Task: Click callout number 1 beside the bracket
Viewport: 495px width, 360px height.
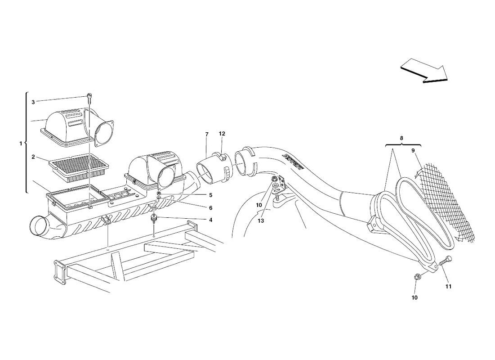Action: pyautogui.click(x=21, y=144)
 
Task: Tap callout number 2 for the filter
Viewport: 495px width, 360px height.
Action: pyautogui.click(x=33, y=157)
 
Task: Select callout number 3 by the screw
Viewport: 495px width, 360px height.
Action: pyautogui.click(x=33, y=102)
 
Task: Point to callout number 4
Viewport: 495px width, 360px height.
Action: pyautogui.click(x=210, y=220)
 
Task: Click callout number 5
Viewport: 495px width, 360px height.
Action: pyautogui.click(x=210, y=195)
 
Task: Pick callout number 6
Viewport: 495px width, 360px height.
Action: pyautogui.click(x=210, y=207)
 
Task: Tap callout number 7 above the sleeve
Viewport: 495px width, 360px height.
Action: pyautogui.click(x=207, y=135)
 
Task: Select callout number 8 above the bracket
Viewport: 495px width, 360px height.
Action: pyautogui.click(x=401, y=138)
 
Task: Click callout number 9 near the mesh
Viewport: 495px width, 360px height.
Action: pyautogui.click(x=413, y=151)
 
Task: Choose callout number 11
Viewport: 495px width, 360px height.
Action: pyautogui.click(x=448, y=286)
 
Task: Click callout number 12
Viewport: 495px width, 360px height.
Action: pyautogui.click(x=222, y=134)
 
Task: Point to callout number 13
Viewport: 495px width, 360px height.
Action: pyautogui.click(x=260, y=221)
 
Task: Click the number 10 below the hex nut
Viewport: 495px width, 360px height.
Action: pyautogui.click(x=415, y=297)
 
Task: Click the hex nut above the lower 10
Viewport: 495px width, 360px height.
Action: pyautogui.click(x=416, y=277)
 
